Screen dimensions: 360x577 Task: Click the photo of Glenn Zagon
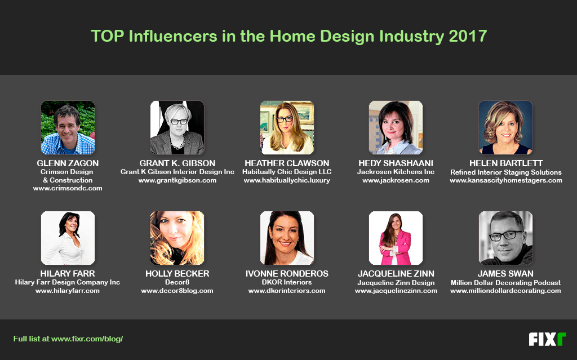[68, 128]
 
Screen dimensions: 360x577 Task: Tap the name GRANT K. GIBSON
[177, 163]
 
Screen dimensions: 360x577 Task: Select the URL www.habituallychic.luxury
[287, 180]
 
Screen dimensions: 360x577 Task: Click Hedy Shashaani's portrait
[396, 128]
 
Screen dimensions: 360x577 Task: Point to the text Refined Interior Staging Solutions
[505, 172]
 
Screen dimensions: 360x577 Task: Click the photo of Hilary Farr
[68, 238]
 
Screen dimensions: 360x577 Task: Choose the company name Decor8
[177, 282]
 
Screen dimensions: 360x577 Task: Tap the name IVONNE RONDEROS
[287, 274]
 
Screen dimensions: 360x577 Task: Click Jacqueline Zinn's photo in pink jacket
[396, 238]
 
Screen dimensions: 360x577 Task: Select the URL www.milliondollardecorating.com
[505, 291]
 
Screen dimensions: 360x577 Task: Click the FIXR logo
[547, 339]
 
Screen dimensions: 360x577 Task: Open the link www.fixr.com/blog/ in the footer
[87, 339]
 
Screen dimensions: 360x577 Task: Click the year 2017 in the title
[468, 37]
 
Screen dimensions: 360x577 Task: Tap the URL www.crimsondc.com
[68, 188]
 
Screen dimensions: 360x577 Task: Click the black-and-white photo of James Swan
[505, 238]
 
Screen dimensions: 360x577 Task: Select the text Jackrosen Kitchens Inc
[396, 172]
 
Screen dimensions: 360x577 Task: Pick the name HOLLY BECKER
[177, 274]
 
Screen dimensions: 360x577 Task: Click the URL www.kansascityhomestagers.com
[505, 180]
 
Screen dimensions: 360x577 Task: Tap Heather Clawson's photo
[287, 128]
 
